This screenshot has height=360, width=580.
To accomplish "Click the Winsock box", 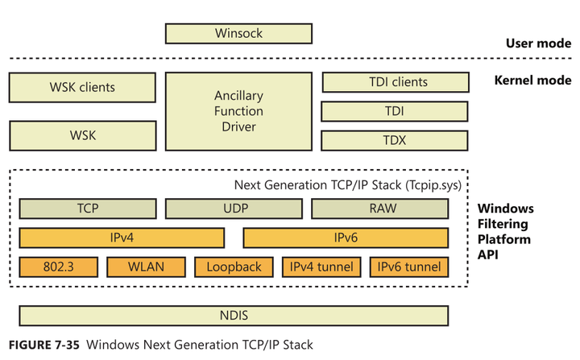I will pos(238,34).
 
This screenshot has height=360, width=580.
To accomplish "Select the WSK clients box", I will pos(82,87).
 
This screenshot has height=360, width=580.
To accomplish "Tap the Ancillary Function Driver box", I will pos(238,112).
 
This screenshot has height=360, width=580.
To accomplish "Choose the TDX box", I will pos(394,141).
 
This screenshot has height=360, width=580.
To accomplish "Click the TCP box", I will pos(87,208).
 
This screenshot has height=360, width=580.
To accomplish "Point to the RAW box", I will pos(379,208).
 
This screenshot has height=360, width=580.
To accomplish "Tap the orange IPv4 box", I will pos(122,238).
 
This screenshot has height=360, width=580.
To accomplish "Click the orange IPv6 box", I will pos(345,238).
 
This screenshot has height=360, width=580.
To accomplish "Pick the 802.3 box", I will pos(58,267).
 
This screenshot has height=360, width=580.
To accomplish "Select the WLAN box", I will pos(146,267).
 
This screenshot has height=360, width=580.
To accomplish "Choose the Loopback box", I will pos(234,267).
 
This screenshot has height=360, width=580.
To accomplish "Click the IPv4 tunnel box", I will pos(321,267).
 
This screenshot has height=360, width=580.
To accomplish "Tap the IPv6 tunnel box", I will pos(409,267).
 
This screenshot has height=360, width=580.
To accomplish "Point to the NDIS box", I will pos(234,316).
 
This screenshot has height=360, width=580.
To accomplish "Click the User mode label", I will pos(538,43).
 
